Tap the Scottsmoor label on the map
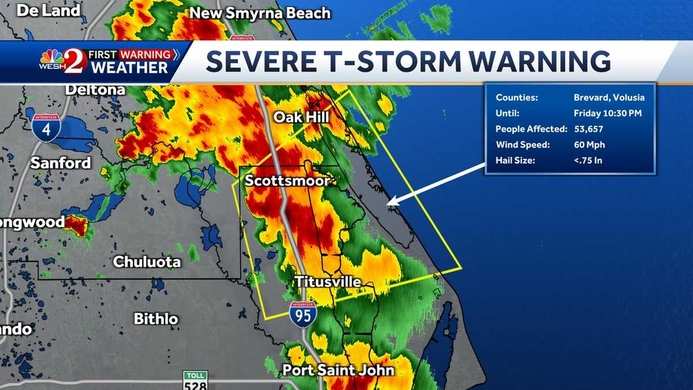(287, 181)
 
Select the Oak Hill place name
(301, 117)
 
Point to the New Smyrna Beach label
(260, 13)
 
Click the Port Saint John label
(338, 370)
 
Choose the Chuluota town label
(147, 262)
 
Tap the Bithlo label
(156, 318)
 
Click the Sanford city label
(61, 163)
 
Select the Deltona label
(95, 90)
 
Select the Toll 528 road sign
(195, 380)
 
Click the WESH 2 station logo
(63, 61)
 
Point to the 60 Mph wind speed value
(589, 144)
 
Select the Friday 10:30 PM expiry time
(608, 113)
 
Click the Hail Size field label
(515, 160)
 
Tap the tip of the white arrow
(388, 203)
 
